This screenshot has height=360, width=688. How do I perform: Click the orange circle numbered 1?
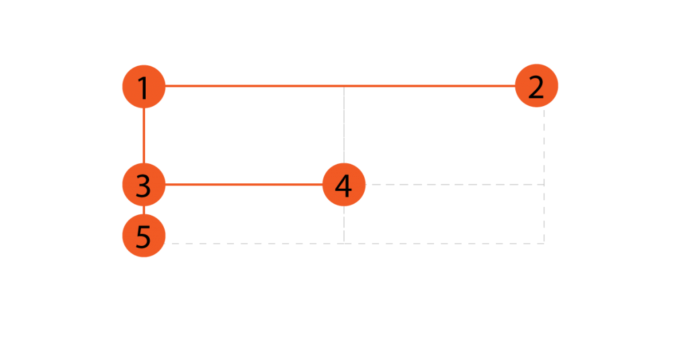click(143, 86)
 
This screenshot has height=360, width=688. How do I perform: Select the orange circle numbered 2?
click(536, 86)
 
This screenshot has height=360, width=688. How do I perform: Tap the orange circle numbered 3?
click(143, 185)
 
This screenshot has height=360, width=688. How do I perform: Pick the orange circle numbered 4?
click(344, 185)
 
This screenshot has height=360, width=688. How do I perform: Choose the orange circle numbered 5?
click(143, 236)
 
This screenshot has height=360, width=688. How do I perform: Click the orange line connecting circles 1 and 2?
click(255, 86)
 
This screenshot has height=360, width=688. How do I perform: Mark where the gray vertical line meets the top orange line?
click(344, 86)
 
